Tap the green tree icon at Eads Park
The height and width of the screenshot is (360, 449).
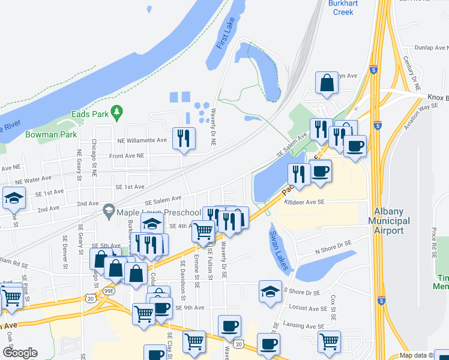point(118,112)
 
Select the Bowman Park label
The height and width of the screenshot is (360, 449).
point(51,134)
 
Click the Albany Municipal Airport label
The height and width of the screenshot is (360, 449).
point(392,221)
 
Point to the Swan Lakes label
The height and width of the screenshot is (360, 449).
point(279,250)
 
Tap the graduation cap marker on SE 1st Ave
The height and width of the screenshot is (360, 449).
point(13,199)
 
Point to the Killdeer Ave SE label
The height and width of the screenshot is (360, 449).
point(304,203)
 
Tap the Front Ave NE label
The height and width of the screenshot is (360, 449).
point(127,155)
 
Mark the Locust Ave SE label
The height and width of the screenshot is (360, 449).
point(309,307)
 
